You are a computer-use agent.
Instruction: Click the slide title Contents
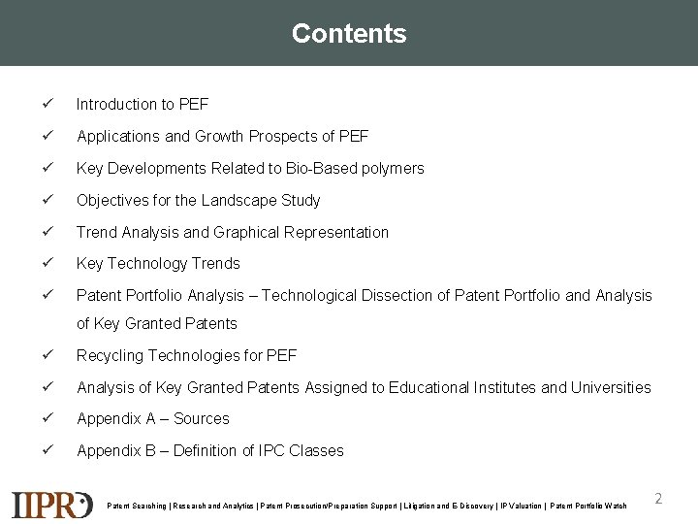349,33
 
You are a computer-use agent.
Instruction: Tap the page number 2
658,498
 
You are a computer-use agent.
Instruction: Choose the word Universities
610,387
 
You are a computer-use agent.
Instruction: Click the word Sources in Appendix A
202,418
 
